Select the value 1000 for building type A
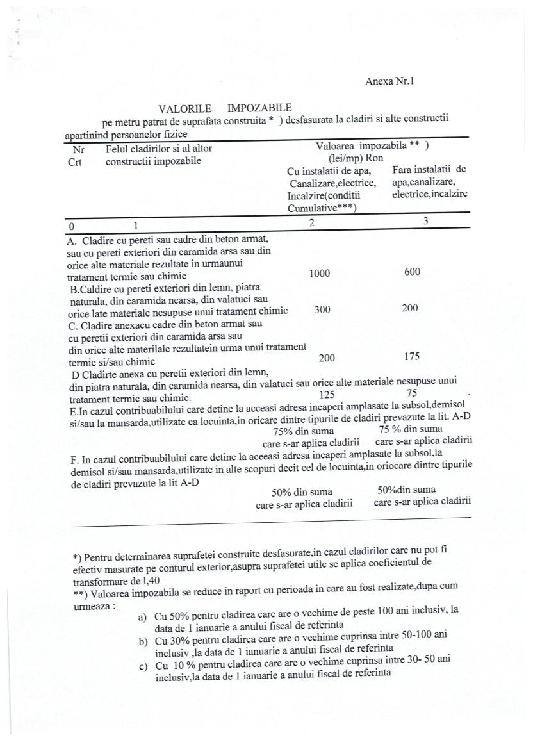point(319,274)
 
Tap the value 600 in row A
point(413,272)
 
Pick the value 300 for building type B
point(322,309)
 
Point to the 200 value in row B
point(410,308)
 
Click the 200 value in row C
point(327,359)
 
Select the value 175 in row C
point(413,356)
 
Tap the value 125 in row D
point(327,395)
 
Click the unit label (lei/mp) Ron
point(347,158)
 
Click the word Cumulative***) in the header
point(322,208)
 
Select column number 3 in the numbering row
point(425,221)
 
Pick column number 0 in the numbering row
point(72,226)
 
